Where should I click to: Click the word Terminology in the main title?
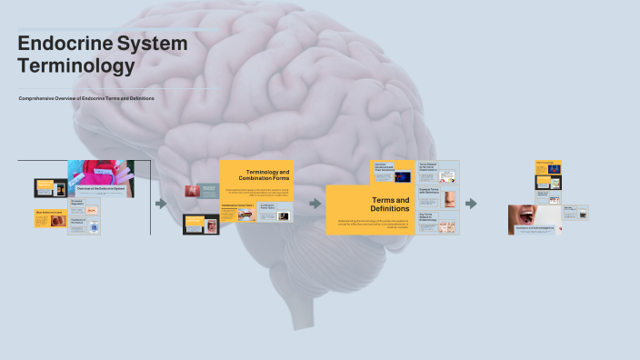coord(75,65)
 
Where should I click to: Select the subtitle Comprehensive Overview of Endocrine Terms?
coord(86,98)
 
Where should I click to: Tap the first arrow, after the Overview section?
coord(161,204)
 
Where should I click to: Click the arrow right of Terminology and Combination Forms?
coord(315,204)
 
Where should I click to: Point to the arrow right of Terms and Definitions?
coord(471,204)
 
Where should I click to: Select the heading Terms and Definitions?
coord(390,205)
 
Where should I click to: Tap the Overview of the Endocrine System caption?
coord(100,186)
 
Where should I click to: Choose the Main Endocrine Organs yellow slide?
coord(51,218)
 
